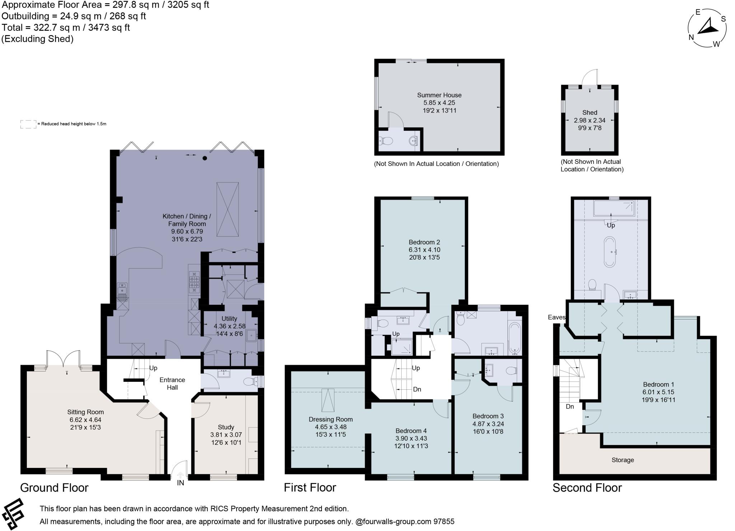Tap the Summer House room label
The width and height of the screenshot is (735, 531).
click(x=439, y=95)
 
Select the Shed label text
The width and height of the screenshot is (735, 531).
click(x=590, y=113)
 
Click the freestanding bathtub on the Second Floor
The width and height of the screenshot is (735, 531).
click(x=610, y=251)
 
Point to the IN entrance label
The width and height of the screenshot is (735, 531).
click(x=180, y=483)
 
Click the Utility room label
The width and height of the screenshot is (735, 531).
click(x=229, y=318)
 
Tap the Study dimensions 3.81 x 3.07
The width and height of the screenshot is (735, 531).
click(x=226, y=435)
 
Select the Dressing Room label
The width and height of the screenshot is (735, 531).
click(x=331, y=419)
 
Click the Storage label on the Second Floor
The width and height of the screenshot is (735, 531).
click(x=622, y=460)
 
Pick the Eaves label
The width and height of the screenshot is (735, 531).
click(x=556, y=317)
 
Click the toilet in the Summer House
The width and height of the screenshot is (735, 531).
click(x=386, y=141)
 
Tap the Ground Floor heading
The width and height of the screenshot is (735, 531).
click(x=54, y=488)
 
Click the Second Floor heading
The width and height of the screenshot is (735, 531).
click(x=587, y=488)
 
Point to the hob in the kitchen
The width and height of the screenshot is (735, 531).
click(x=194, y=280)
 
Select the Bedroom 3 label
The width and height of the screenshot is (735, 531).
click(x=488, y=416)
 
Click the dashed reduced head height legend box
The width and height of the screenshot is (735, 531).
click(x=28, y=124)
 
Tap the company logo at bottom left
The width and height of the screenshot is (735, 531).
click(x=13, y=513)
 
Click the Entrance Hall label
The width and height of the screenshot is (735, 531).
click(x=172, y=383)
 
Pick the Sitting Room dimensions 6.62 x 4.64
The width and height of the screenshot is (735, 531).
click(x=85, y=420)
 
